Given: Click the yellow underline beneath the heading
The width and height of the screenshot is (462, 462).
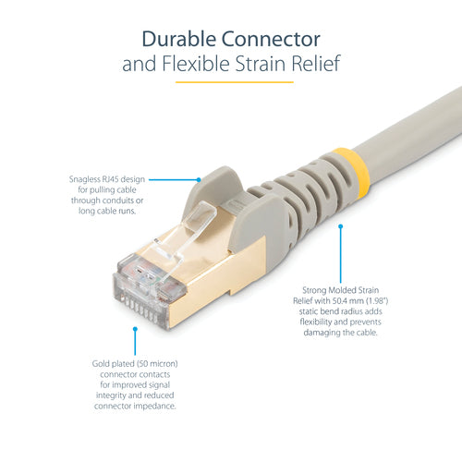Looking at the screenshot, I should point(231,83).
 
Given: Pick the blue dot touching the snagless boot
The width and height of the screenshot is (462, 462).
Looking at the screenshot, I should point(198,178).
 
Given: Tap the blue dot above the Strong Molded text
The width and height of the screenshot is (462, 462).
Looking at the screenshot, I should point(340,225).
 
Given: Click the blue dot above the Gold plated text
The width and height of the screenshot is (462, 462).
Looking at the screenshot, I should point(134,327).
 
